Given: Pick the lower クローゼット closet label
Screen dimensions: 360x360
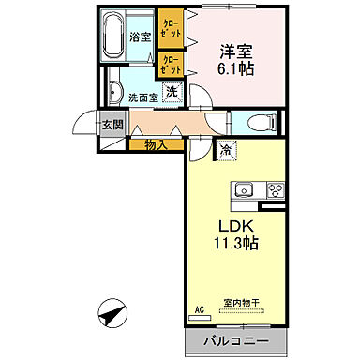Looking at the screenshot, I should coord(172,64).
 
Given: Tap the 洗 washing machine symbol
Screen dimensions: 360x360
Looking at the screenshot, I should coord(172,92).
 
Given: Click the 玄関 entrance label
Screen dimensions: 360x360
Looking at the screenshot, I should coord(110,125).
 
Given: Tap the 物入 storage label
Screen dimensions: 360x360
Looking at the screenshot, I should coord(157,144).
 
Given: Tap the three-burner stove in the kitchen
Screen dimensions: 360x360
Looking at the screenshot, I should coord(275,190).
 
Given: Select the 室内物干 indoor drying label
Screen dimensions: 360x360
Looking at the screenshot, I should coord(243,302).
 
